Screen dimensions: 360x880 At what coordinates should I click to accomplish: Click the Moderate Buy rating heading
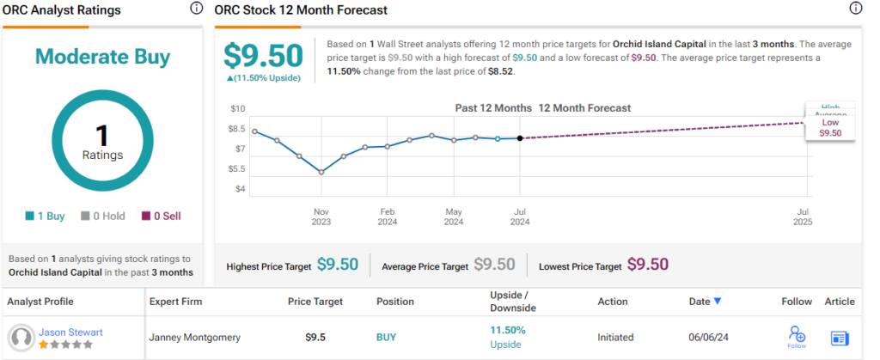(102, 58)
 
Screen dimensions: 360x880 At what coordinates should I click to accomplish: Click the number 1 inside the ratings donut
(102, 135)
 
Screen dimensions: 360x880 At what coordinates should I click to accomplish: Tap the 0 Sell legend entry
(161, 217)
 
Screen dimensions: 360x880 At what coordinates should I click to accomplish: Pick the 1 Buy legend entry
(46, 217)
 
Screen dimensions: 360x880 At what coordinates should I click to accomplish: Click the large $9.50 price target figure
(263, 56)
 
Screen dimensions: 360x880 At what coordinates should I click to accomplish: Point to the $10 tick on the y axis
(238, 108)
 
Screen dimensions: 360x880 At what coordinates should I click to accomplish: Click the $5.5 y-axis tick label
(237, 168)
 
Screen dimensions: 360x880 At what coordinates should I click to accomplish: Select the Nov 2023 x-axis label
(321, 217)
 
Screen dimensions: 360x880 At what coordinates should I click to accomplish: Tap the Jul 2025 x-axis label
(804, 217)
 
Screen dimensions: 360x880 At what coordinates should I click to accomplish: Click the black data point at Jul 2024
(520, 138)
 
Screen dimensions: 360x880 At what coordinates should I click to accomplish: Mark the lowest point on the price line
(321, 172)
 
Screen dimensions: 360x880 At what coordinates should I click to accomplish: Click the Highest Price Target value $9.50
(338, 265)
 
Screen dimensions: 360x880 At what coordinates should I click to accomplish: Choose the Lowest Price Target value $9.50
(648, 265)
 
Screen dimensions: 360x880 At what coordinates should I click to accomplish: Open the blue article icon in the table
(840, 338)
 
